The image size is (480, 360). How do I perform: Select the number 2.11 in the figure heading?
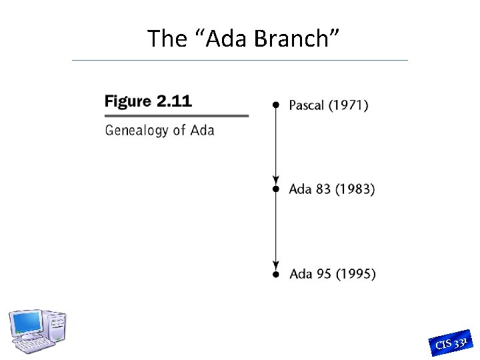point(174,101)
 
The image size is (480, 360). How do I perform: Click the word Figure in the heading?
point(128,101)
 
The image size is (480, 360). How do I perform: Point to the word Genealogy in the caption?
point(135,130)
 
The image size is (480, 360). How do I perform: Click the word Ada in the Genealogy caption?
point(202,129)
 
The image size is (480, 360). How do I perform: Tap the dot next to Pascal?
point(275,105)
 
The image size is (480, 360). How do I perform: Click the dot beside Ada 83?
point(275,189)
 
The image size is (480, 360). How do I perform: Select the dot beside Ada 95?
point(275,274)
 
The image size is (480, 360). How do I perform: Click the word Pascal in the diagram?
point(306,105)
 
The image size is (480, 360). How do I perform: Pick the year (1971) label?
point(348,105)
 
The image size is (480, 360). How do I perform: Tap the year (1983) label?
point(355,189)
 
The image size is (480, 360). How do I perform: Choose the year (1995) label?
point(355,274)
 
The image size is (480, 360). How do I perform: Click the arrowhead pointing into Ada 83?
point(275,181)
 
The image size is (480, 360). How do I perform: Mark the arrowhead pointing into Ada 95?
point(275,265)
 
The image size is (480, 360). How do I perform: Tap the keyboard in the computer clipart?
point(35,345)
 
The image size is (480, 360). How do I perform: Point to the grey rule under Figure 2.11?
point(177,116)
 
